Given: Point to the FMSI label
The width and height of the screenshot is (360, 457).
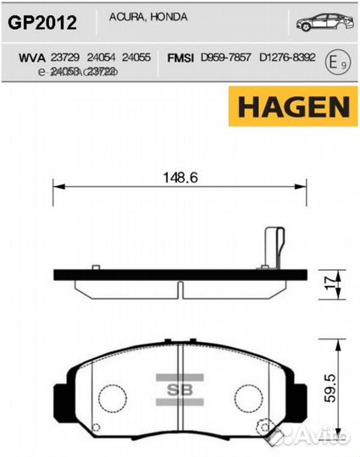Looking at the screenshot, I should click(180, 58).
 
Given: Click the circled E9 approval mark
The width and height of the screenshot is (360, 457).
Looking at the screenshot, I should click(336, 62).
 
